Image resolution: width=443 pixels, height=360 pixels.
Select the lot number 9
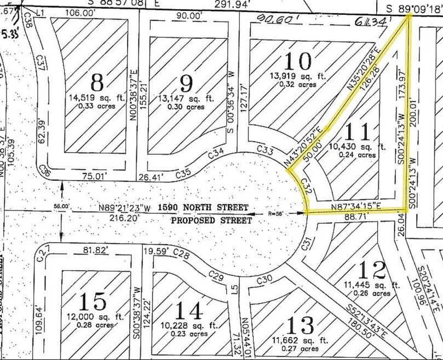[187, 84]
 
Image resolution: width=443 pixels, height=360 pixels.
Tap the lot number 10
[297, 61]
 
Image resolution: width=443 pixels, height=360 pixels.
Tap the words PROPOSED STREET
[211, 220]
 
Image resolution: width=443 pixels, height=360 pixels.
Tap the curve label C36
[44, 171]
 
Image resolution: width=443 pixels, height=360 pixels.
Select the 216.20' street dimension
[125, 217]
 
